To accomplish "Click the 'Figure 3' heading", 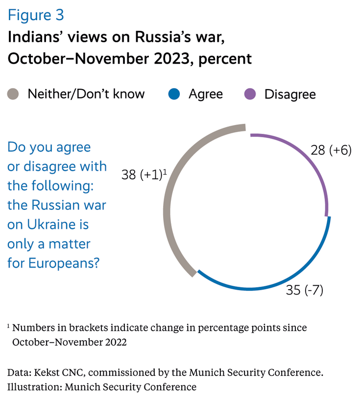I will coord(36,15).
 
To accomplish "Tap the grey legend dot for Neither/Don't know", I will coord(13,94).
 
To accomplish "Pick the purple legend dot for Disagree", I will coord(250,94).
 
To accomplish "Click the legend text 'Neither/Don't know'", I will coord(86,94).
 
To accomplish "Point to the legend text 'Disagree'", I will coord(290,94).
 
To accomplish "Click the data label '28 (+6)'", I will coord(332,150).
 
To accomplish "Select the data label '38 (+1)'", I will coord(142,175).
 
